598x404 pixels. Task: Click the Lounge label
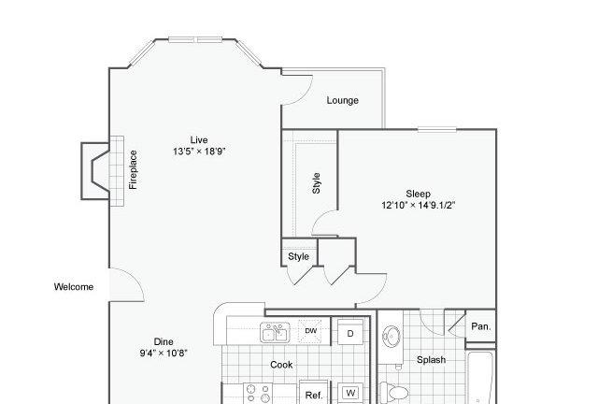(343, 100)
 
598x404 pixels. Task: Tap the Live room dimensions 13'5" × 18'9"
(199, 151)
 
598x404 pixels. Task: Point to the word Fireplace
(133, 169)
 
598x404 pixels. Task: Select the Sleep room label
(418, 194)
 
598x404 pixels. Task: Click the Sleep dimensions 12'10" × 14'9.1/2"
(419, 205)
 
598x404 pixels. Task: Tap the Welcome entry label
(74, 287)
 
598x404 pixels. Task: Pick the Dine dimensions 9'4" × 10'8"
(164, 353)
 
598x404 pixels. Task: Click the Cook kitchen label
(281, 365)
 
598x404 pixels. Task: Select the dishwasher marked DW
(311, 331)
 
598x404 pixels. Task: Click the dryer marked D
(350, 333)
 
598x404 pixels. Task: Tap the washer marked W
(351, 393)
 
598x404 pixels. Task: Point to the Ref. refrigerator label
(314, 396)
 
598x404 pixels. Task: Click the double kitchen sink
(275, 332)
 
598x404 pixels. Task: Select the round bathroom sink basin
(392, 337)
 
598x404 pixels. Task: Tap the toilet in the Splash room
(394, 392)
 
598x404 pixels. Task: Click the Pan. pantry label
(481, 326)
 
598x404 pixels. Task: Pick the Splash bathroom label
(431, 360)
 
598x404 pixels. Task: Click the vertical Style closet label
(316, 183)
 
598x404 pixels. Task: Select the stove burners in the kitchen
(259, 394)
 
